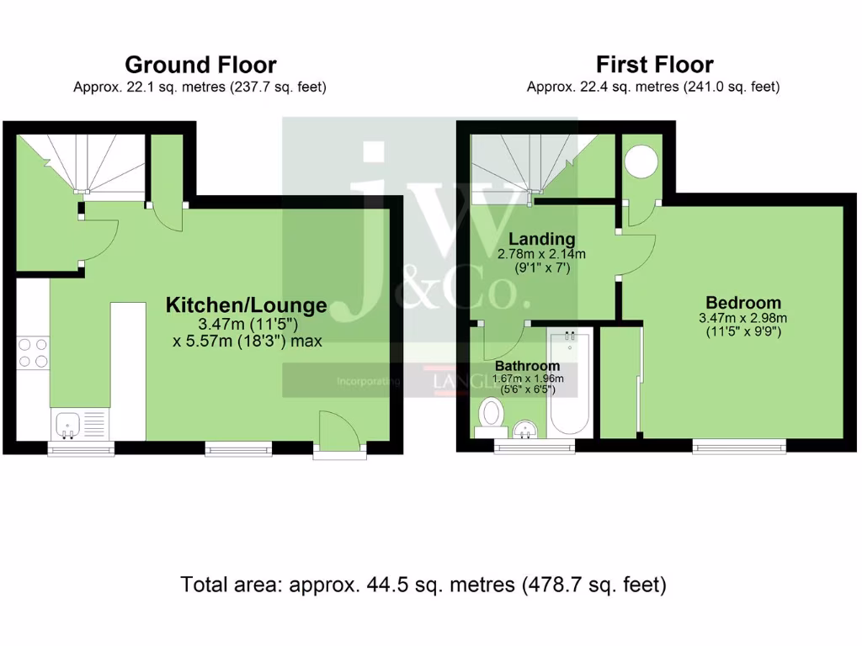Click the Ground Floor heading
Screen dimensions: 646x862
[x=200, y=65]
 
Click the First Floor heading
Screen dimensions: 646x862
[x=654, y=65]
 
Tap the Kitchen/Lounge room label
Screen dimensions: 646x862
[x=246, y=304]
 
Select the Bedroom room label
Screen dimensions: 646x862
[x=742, y=303]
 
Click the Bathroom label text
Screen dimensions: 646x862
[x=527, y=367]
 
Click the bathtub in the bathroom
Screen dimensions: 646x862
[x=571, y=384]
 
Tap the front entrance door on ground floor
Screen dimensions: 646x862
[x=339, y=434]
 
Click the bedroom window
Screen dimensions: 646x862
[x=739, y=446]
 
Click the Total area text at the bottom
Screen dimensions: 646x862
[x=423, y=585]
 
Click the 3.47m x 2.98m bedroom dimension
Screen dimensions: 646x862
[x=742, y=318]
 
